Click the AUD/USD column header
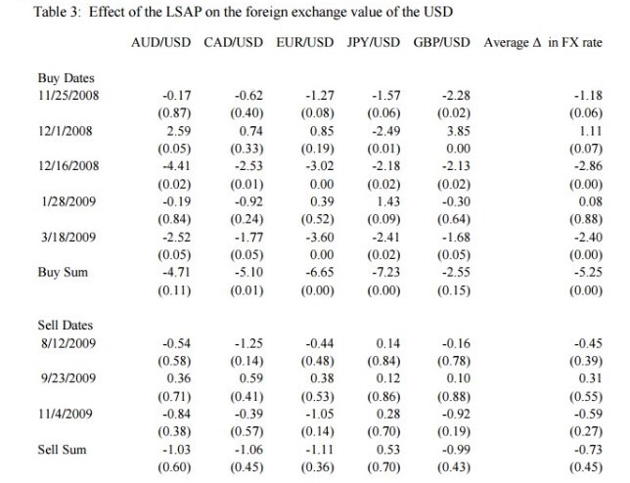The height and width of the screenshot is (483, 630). pos(160,44)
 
